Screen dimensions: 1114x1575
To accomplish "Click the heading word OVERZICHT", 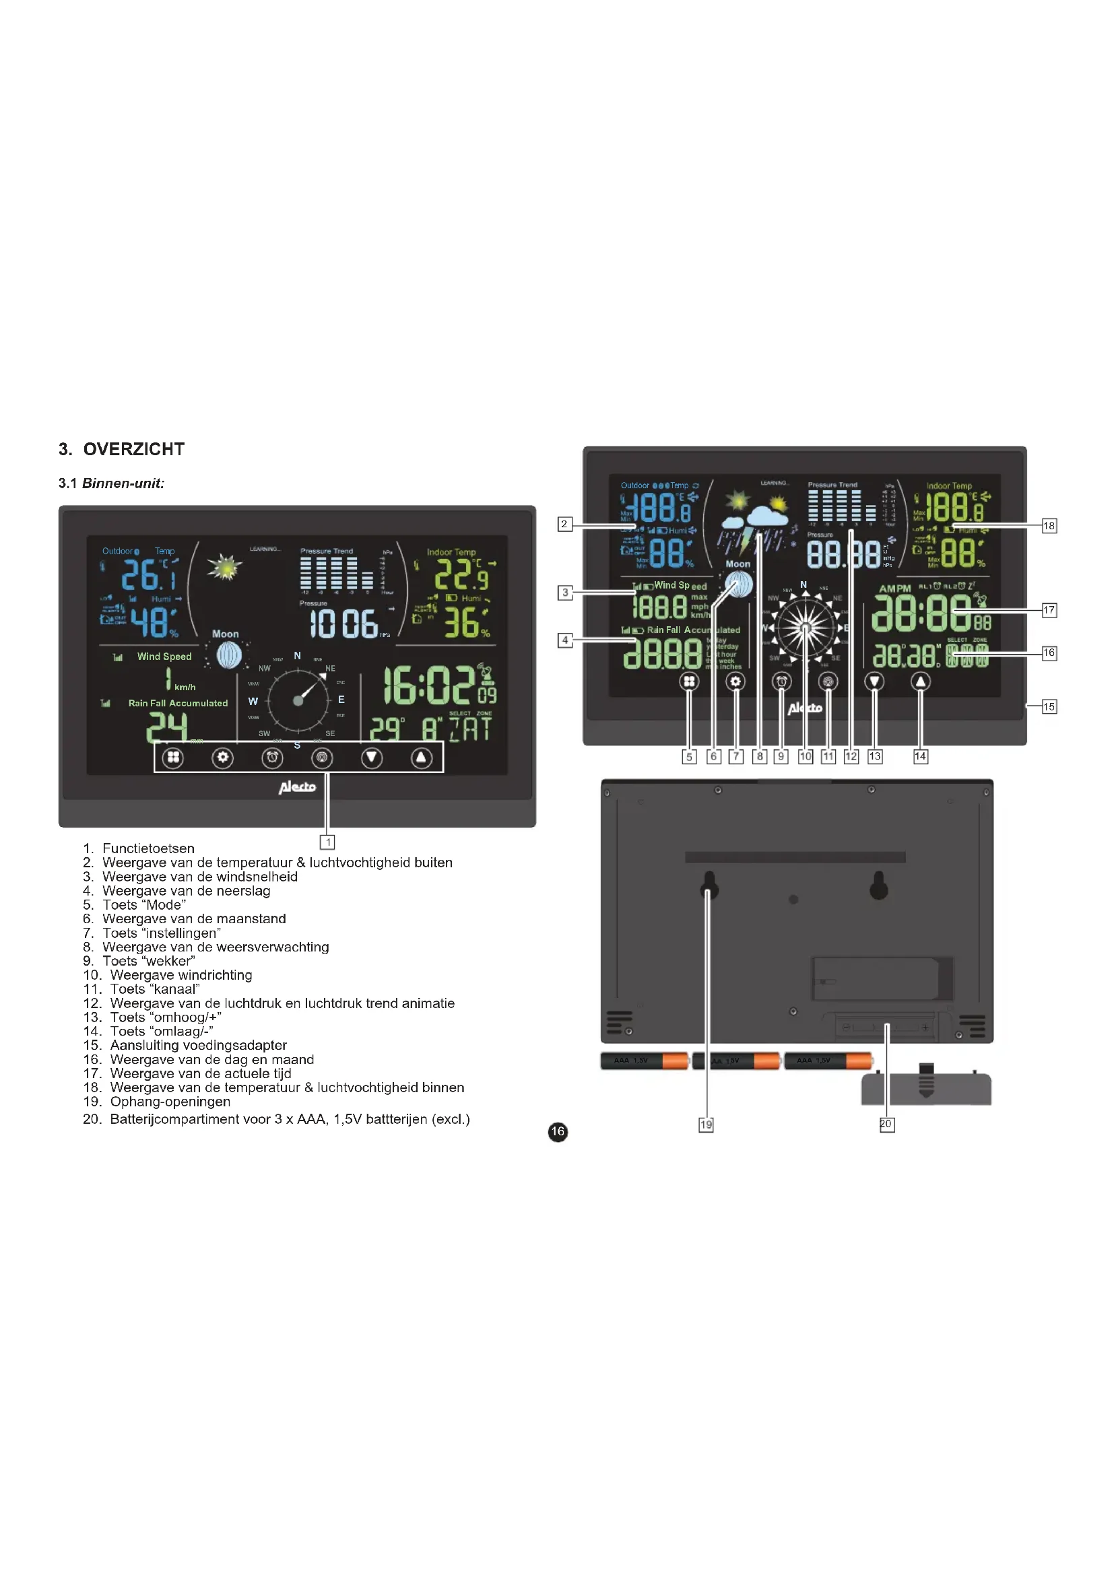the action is point(134,449).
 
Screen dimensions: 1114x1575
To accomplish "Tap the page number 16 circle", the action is point(558,1131).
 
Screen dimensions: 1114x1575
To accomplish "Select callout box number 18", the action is point(1049,525).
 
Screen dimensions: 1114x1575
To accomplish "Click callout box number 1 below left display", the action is point(328,842).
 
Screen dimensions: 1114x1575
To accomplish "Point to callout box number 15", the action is point(1049,706).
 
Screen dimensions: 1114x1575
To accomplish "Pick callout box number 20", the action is point(886,1124).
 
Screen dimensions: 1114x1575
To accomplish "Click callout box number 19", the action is point(706,1125).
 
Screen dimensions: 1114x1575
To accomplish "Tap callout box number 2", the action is point(564,524).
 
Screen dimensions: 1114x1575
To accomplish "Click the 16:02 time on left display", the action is point(429,685).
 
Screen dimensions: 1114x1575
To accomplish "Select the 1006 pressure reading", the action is point(343,623).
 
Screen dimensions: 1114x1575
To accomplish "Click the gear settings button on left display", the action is point(222,758).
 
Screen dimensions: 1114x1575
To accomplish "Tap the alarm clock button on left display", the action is point(272,758).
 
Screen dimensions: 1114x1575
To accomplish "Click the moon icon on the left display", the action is point(228,655).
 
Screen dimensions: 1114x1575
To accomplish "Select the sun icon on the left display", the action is point(225,566).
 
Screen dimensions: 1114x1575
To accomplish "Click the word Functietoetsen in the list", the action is point(148,848).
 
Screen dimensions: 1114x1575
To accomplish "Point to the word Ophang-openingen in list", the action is point(170,1102).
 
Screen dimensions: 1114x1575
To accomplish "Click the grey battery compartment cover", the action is point(926,1090).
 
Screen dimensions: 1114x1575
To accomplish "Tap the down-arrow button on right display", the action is point(875,681).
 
